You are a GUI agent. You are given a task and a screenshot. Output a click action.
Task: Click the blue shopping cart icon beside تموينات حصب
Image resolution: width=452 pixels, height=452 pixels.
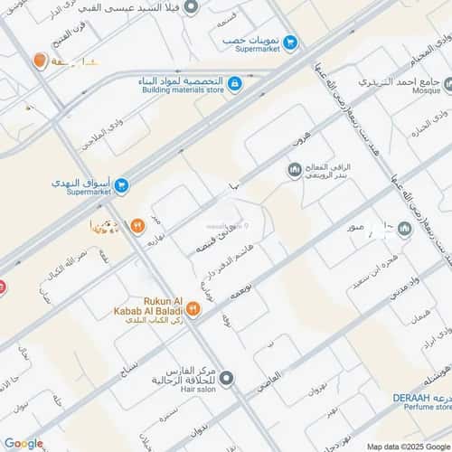tap(290, 42)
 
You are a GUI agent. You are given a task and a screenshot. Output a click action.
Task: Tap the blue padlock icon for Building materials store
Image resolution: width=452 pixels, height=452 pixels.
tap(234, 85)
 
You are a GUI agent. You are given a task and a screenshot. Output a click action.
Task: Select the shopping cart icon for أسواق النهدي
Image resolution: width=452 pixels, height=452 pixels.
tap(121, 185)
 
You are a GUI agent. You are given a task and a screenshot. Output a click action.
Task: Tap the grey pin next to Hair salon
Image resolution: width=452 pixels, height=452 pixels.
tap(226, 379)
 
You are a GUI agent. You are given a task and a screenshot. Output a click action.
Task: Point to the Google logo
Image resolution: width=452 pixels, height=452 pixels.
tap(23, 443)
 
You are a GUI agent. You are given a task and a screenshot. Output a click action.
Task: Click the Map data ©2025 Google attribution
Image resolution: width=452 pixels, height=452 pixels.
tap(407, 447)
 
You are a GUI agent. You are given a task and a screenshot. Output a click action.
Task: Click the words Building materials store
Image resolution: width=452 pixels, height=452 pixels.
tap(184, 91)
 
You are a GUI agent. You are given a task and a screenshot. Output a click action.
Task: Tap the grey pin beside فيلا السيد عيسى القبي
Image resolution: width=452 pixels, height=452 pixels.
tap(191, 7)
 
